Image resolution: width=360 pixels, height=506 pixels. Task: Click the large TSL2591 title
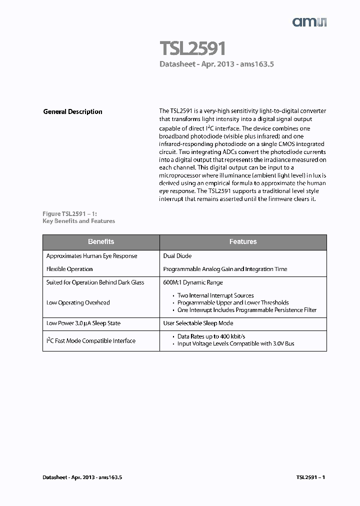click(192, 48)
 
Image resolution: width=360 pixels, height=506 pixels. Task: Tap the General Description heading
click(72, 111)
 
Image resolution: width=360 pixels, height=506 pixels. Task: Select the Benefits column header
click(101, 241)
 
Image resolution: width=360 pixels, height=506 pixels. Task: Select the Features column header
click(243, 241)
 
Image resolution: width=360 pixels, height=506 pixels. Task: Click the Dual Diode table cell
click(177, 256)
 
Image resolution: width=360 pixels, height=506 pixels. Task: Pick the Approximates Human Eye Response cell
click(91, 256)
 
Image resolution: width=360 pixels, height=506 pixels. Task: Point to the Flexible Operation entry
click(69, 269)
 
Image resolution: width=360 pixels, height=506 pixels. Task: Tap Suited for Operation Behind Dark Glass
click(95, 282)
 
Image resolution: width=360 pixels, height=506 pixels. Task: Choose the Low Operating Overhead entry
click(78, 302)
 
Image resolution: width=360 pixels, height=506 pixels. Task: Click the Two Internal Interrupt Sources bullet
click(215, 295)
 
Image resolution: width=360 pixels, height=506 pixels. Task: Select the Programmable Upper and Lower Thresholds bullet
click(233, 302)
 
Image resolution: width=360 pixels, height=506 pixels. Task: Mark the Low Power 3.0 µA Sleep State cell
click(83, 323)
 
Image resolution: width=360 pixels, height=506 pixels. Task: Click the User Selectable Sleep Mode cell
click(198, 323)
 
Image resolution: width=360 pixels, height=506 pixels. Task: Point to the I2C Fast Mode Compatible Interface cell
click(91, 341)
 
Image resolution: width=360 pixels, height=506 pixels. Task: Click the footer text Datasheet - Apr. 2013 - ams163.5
click(82, 477)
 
